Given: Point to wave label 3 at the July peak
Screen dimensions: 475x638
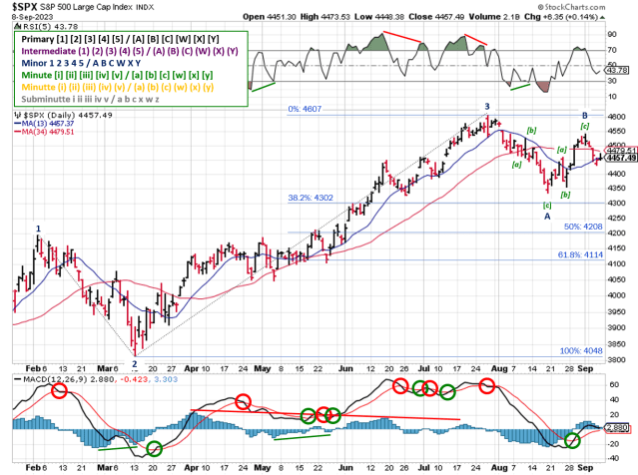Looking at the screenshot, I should tap(487, 106).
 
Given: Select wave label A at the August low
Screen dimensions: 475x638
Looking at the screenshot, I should tap(546, 216).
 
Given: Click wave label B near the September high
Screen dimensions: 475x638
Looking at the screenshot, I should tap(582, 115).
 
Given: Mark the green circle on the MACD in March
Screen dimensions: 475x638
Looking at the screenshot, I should tap(154, 449).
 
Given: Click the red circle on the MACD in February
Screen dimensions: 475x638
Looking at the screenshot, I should tap(60, 392).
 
